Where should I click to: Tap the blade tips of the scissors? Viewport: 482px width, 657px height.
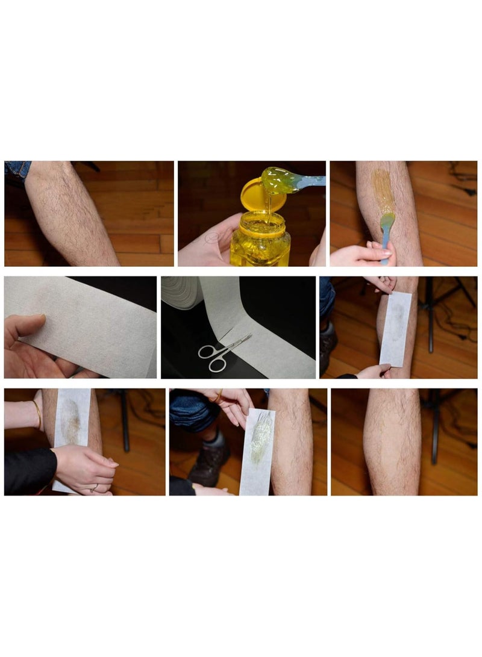[248, 338]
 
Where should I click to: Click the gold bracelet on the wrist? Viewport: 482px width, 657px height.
[38, 415]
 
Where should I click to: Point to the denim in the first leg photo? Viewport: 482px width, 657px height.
[16, 170]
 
